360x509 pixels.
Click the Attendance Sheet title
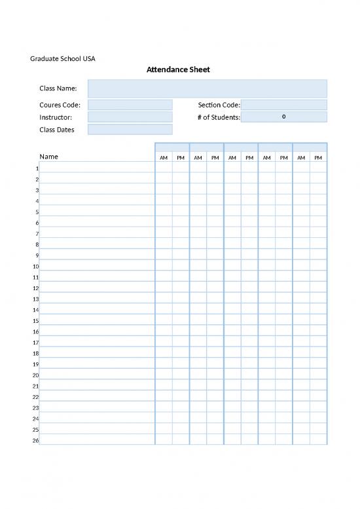pyautogui.click(x=178, y=69)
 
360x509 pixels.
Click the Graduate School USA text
pyautogui.click(x=63, y=58)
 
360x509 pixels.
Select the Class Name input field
pyautogui.click(x=207, y=88)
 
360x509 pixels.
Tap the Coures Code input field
pyautogui.click(x=130, y=105)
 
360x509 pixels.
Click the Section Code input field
pyautogui.click(x=283, y=105)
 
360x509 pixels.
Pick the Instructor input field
pyautogui.click(x=130, y=117)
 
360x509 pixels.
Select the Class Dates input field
pyautogui.click(x=130, y=130)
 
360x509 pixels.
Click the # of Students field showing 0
pyautogui.click(x=283, y=117)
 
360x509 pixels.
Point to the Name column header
pyautogui.click(x=49, y=157)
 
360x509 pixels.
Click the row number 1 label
pyautogui.click(x=37, y=168)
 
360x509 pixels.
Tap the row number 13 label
pyautogui.click(x=36, y=299)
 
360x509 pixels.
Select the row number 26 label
pyautogui.click(x=36, y=440)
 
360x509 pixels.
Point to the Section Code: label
pyautogui.click(x=219, y=105)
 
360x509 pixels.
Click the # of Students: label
pyautogui.click(x=219, y=117)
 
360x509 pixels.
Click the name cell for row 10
pyautogui.click(x=97, y=266)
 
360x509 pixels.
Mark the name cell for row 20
pyautogui.click(x=97, y=375)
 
